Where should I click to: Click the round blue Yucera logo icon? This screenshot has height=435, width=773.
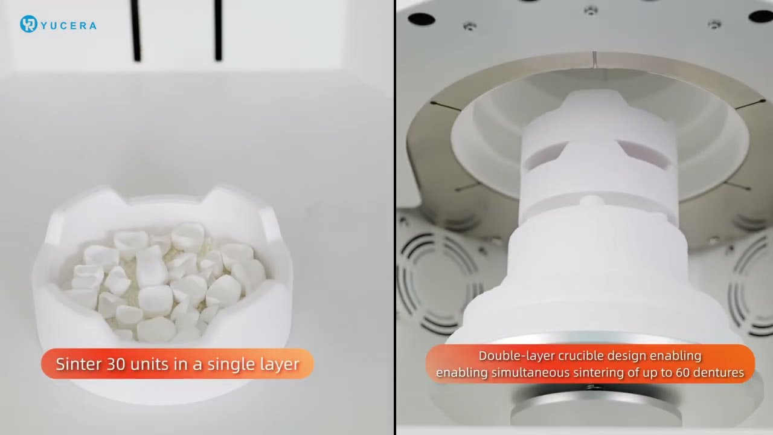28,24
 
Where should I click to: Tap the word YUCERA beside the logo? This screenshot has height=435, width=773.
69,25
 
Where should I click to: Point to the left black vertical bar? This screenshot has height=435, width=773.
136,30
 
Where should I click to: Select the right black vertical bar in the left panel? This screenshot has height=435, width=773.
218,30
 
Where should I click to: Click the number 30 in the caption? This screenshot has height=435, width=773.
115,364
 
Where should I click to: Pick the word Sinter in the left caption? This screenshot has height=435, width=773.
79,364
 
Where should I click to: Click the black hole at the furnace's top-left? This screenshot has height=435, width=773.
422,19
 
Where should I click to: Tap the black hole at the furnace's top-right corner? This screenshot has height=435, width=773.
761,16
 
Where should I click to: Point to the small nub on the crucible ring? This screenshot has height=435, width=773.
591,200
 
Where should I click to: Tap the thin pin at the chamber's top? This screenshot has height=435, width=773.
594,59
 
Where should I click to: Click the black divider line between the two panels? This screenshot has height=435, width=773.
395,217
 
